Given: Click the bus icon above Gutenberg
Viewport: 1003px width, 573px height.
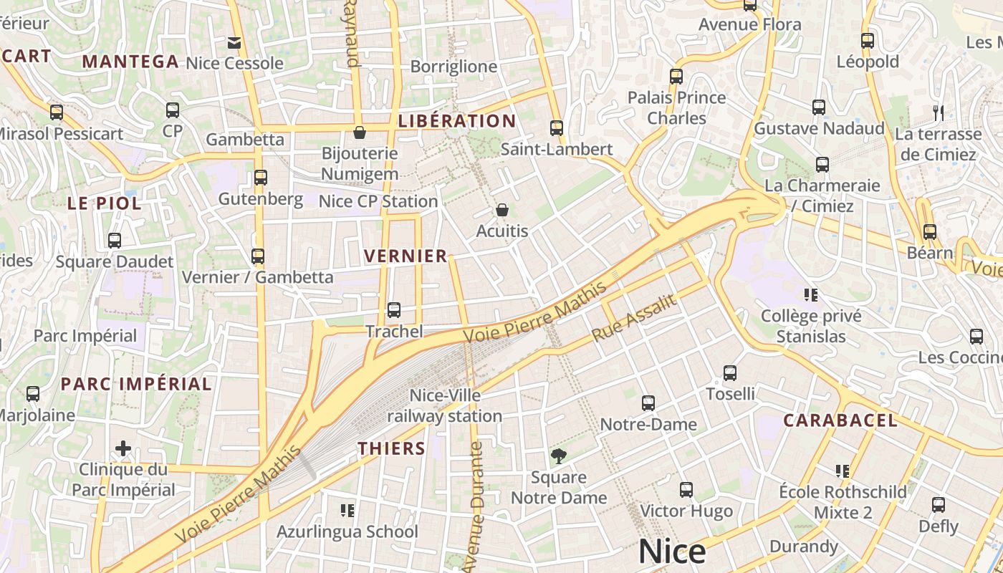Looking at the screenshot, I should point(261,177).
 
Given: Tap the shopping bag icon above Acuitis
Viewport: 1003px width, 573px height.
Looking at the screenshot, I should point(502,210).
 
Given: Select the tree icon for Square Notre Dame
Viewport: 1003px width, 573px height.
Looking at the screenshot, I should point(558,456).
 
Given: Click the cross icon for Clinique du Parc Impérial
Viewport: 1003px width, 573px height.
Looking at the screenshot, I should point(123,448).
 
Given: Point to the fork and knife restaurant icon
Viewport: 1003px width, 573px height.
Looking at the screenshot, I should point(939,112).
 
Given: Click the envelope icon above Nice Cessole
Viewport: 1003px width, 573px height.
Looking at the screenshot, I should point(234,42).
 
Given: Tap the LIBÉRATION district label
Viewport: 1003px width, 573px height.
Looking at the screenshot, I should point(456,121).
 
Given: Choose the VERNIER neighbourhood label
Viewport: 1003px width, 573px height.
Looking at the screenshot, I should point(405,256).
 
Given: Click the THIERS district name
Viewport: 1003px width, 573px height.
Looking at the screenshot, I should point(392,448).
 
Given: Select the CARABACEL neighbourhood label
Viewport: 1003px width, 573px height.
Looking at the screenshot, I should point(840,420).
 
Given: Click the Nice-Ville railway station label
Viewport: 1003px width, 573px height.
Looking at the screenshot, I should point(445,405).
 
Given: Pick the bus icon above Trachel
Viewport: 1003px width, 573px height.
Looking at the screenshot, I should point(394,310).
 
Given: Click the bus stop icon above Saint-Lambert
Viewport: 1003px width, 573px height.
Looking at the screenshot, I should point(557,128).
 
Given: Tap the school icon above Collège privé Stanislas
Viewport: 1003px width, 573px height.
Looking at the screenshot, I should point(811,294).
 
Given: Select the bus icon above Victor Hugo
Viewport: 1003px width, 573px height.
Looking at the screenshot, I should point(686,490).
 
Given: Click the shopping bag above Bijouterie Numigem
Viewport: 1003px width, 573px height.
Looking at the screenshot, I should point(360,133).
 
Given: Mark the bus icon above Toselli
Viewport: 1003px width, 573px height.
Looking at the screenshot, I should point(730,373).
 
